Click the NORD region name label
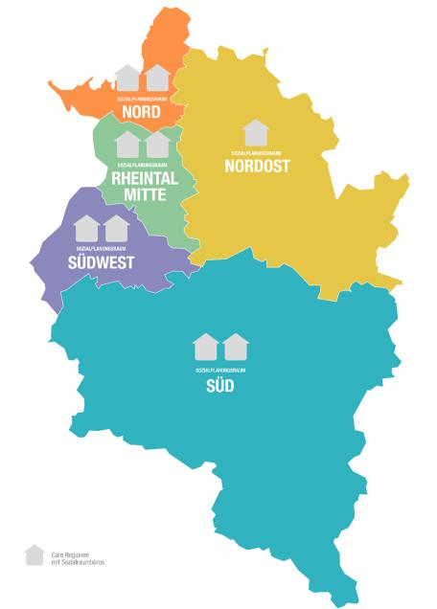[141, 112]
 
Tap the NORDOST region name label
[257, 166]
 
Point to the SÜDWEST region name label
[101, 261]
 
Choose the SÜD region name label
[219, 386]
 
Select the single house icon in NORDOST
[256, 133]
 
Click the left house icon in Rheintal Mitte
[127, 145]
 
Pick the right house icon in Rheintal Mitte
[157, 145]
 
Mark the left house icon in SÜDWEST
[86, 228]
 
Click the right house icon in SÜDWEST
[117, 228]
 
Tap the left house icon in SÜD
[205, 347]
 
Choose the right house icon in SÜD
[236, 347]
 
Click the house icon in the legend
[34, 555]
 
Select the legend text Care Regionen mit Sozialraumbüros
[78, 558]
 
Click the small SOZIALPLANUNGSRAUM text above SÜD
[220, 370]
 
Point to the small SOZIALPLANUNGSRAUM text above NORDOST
[256, 152]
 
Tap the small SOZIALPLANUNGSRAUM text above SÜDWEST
[101, 247]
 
